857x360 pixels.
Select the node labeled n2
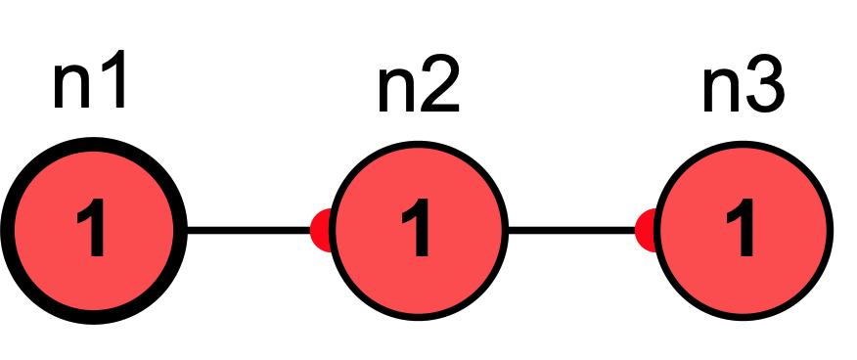point(419,230)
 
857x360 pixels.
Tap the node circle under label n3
point(744,230)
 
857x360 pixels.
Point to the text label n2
point(418,90)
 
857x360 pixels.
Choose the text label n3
point(744,90)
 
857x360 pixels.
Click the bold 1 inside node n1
point(93,231)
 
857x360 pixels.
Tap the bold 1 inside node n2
point(419,231)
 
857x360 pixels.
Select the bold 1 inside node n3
point(744,231)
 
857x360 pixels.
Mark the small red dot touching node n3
point(646,231)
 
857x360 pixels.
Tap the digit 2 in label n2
point(438,90)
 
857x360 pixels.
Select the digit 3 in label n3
point(764,90)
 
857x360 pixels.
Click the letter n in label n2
point(397,95)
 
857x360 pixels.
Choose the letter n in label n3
point(723,95)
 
